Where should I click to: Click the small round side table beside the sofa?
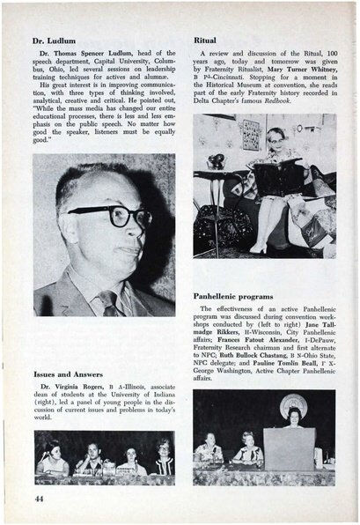coord(212,223)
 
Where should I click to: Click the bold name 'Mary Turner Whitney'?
coord(283,72)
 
